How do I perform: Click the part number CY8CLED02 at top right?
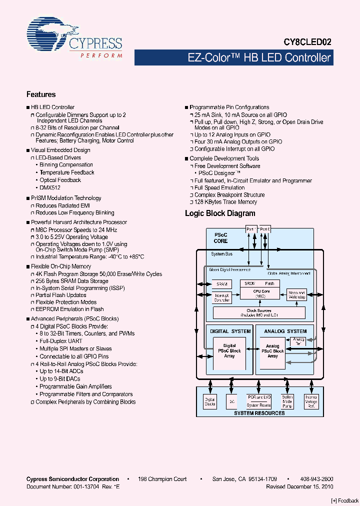click(x=307, y=43)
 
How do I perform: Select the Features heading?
click(x=41, y=94)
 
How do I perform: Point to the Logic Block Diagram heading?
click(x=220, y=213)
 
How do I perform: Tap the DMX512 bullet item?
click(x=50, y=187)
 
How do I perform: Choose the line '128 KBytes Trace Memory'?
click(x=225, y=202)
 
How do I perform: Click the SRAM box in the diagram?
click(x=221, y=284)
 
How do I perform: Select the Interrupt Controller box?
click(x=221, y=297)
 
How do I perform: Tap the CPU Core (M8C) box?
click(x=261, y=293)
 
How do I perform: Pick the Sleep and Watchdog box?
click(x=296, y=295)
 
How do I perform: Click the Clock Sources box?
click(x=259, y=313)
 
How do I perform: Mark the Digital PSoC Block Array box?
click(x=229, y=351)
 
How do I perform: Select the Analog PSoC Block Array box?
click(x=272, y=351)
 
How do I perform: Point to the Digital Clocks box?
click(x=209, y=401)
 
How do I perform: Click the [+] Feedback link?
click(x=344, y=500)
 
